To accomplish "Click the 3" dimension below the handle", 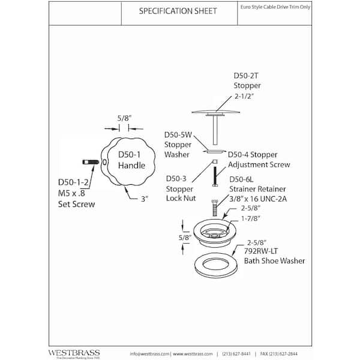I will point(143,199).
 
